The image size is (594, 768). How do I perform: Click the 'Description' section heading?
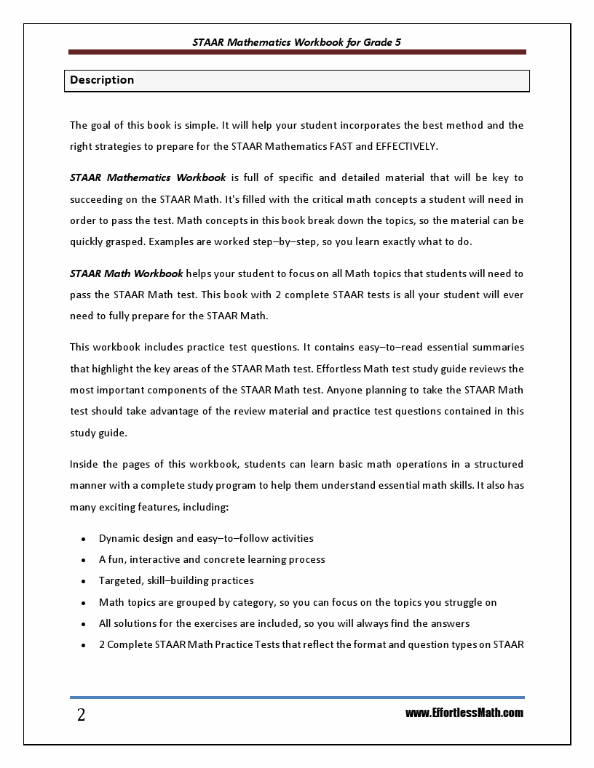(102, 80)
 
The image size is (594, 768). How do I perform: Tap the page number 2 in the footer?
(81, 715)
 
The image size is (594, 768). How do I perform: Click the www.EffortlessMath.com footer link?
(464, 713)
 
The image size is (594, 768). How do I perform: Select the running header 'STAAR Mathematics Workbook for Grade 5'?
(296, 42)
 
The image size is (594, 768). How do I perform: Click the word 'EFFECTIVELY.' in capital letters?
(407, 146)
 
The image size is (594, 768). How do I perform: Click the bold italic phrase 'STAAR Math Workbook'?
(127, 273)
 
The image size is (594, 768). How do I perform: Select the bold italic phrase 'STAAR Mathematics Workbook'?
(148, 177)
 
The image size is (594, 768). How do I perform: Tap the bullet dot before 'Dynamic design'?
(84, 539)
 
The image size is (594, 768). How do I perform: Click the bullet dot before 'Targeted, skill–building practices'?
(84, 581)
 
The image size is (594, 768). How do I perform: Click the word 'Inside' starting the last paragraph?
(84, 464)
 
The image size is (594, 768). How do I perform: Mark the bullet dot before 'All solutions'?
(84, 623)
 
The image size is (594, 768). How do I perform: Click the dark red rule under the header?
(297, 52)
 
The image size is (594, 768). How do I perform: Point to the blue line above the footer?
(297, 697)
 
